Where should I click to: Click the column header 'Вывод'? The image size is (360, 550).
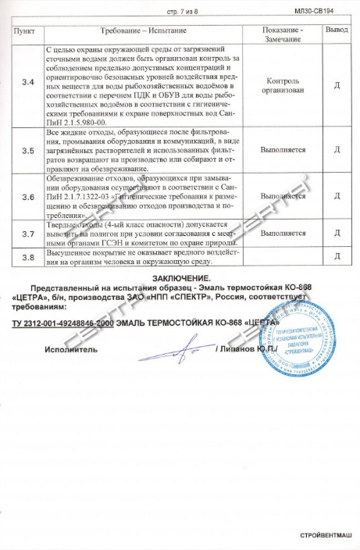click(337, 33)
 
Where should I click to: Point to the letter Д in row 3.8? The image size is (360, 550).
click(337, 257)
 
